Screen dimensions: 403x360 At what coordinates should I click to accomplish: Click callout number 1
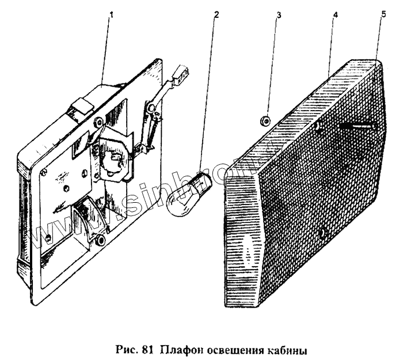pos(111,15)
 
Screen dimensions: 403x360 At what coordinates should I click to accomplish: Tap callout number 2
pos(216,14)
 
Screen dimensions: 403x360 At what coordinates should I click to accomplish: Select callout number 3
pos(279,14)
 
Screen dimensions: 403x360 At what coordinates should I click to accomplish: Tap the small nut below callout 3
pos(264,120)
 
